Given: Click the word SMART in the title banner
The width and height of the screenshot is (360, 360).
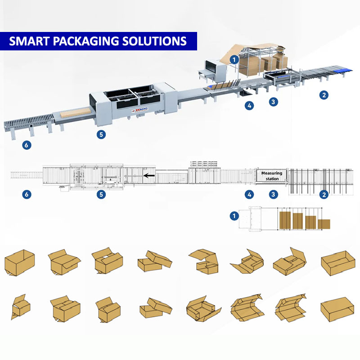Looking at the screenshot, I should [x=28, y=41].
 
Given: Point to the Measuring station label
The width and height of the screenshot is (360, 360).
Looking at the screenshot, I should [x=272, y=176].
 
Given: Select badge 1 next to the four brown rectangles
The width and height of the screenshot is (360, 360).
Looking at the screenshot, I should [x=234, y=216].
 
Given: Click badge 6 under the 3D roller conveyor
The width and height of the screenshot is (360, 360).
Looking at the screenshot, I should [x=27, y=144].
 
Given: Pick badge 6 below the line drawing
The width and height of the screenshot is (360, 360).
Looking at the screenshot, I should [x=27, y=195].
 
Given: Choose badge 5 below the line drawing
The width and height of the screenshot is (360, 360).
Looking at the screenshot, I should [x=102, y=195].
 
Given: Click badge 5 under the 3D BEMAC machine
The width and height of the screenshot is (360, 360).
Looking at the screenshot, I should [x=102, y=134].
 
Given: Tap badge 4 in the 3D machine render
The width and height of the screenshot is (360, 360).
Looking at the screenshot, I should [x=249, y=106].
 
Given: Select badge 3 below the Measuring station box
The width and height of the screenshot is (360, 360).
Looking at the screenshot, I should [x=273, y=195].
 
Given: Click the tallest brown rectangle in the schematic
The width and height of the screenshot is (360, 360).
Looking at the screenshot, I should [x=284, y=220].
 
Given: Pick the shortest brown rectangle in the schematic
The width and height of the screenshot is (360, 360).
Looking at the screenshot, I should [x=324, y=224].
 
